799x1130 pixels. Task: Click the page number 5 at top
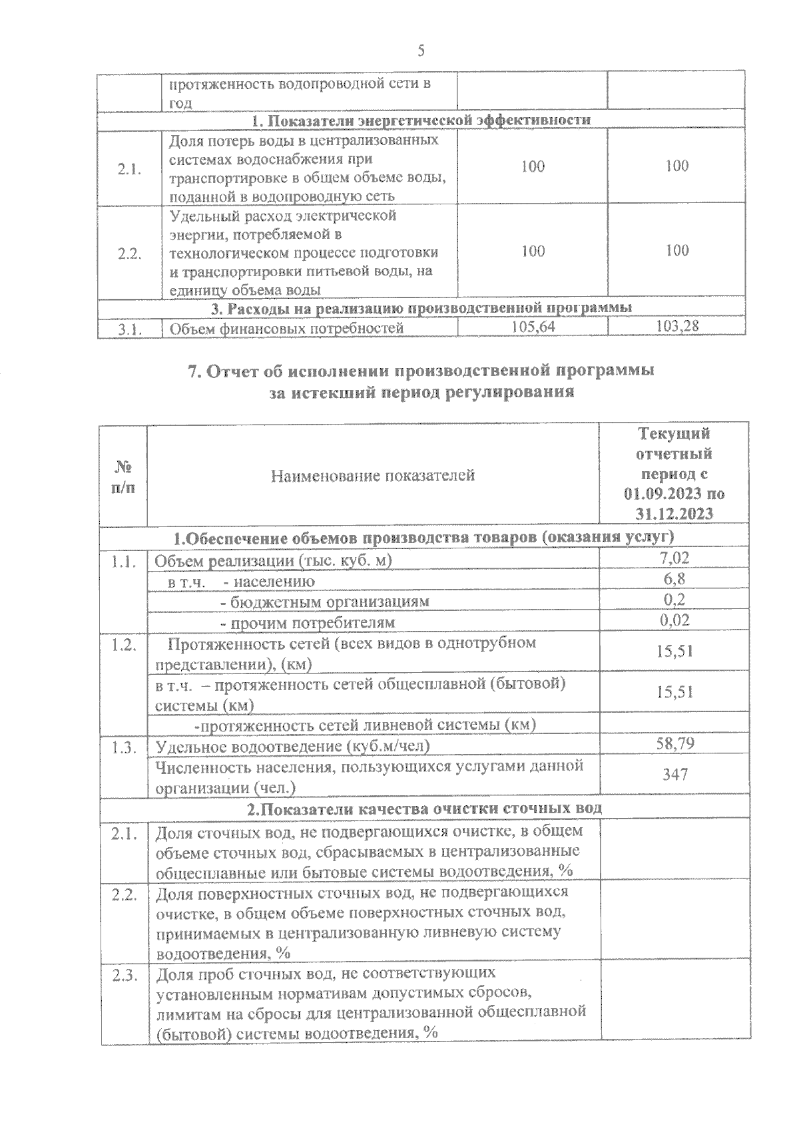[420, 51]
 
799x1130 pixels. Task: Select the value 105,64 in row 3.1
[533, 327]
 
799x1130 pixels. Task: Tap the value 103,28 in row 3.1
[676, 327]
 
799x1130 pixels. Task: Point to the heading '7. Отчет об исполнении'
[421, 371]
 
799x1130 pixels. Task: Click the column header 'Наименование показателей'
[373, 475]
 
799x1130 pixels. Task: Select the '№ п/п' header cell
[123, 475]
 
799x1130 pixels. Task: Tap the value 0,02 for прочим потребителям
[674, 620]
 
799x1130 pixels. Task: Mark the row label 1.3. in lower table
[124, 747]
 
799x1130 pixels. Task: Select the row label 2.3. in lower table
[124, 976]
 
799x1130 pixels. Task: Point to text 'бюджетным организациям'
[324, 602]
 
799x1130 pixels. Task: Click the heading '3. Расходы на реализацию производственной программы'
[421, 307]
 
